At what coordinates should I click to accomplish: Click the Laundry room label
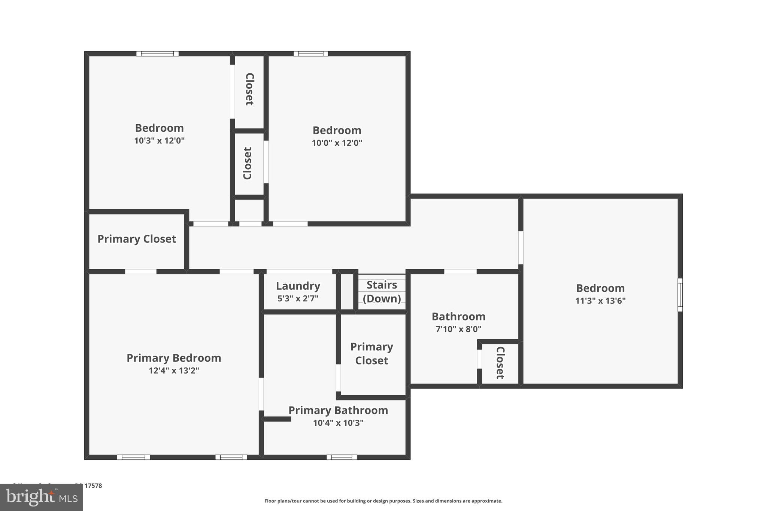pyautogui.click(x=298, y=286)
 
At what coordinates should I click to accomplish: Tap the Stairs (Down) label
pyautogui.click(x=382, y=292)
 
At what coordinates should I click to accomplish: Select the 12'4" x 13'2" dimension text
pyautogui.click(x=174, y=371)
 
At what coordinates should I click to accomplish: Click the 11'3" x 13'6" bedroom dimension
pyautogui.click(x=600, y=301)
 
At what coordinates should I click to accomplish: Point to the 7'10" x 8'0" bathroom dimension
pyautogui.click(x=458, y=329)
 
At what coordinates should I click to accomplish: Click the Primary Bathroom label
pyautogui.click(x=338, y=410)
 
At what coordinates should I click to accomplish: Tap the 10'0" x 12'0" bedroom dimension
pyautogui.click(x=337, y=143)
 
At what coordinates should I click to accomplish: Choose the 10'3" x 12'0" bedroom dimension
pyautogui.click(x=159, y=141)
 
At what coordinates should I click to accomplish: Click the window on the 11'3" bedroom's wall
pyautogui.click(x=680, y=295)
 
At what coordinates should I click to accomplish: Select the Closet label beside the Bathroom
pyautogui.click(x=500, y=363)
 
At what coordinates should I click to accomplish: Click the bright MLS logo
pyautogui.click(x=42, y=497)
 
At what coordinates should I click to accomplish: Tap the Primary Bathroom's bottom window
pyautogui.click(x=342, y=457)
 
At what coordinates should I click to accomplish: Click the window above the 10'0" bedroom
pyautogui.click(x=310, y=54)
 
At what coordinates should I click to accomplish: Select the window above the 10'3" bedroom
pyautogui.click(x=157, y=54)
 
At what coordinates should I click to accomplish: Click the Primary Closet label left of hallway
pyautogui.click(x=137, y=239)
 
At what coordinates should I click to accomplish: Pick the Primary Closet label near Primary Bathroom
pyautogui.click(x=372, y=353)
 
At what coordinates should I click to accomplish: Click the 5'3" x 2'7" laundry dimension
pyautogui.click(x=298, y=299)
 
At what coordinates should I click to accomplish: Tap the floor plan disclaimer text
pyautogui.click(x=383, y=501)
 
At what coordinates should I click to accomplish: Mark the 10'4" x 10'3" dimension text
pyautogui.click(x=338, y=423)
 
